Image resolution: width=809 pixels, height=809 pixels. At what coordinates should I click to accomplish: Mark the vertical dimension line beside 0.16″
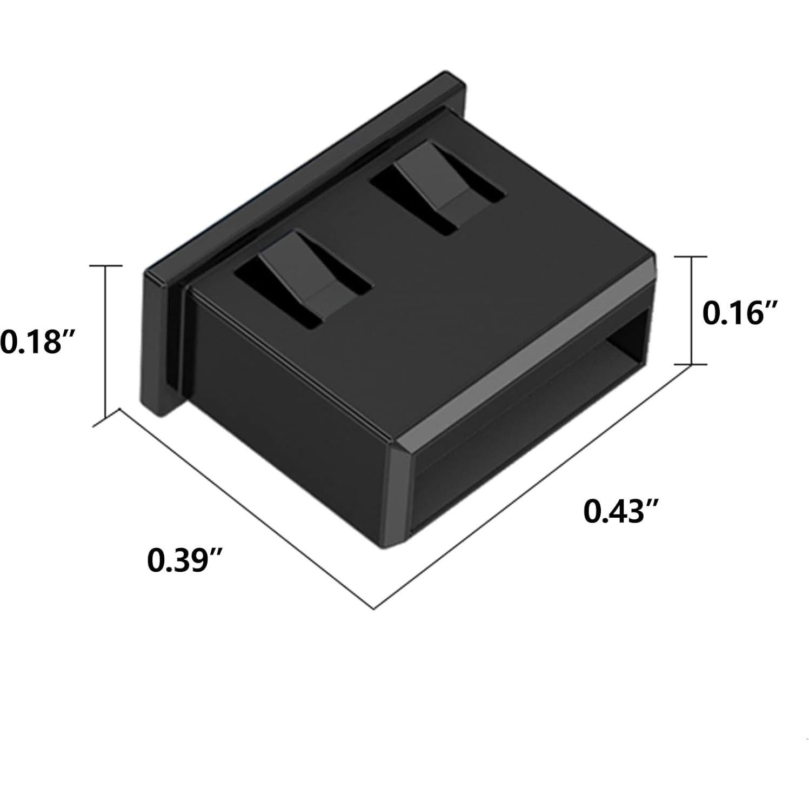tap(691, 310)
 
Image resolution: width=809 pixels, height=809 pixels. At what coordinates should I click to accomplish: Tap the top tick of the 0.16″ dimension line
tap(691, 257)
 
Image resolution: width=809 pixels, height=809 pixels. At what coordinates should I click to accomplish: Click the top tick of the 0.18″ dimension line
tap(105, 265)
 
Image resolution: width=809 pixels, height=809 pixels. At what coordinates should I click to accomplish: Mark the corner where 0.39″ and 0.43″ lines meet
tap(375, 609)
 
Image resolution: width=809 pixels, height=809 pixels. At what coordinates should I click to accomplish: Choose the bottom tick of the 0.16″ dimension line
tap(691, 364)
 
